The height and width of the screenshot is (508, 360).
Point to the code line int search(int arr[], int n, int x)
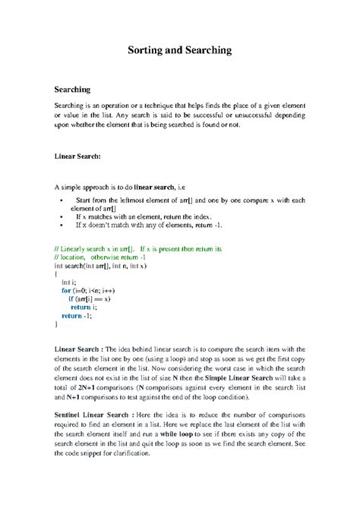(x=100, y=266)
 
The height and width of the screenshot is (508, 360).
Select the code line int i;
(x=69, y=281)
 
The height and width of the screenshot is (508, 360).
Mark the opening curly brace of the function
(x=56, y=273)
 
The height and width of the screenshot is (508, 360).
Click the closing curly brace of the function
(x=56, y=323)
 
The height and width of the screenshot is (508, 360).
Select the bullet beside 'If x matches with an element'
(x=61, y=216)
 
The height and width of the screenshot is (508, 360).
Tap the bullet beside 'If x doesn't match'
(x=61, y=225)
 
